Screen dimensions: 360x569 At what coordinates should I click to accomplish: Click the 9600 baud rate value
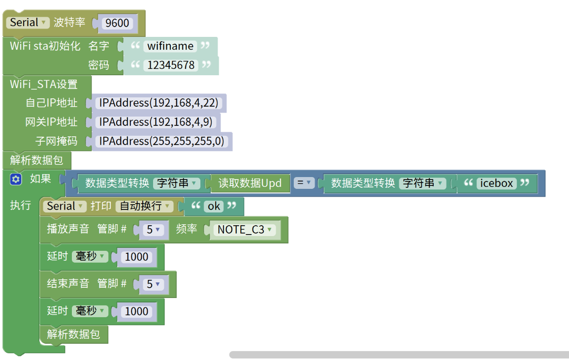click(117, 23)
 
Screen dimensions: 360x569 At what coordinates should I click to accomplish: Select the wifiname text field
click(170, 46)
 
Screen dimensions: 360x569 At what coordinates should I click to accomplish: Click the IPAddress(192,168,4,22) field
click(158, 103)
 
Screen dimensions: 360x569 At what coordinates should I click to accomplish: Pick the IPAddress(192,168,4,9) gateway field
click(156, 122)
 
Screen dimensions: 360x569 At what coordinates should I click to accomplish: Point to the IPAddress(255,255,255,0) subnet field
click(161, 141)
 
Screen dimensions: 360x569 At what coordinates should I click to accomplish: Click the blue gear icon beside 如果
click(16, 180)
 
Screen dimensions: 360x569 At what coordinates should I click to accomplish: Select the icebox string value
click(497, 183)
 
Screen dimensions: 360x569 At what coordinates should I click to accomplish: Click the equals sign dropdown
click(304, 183)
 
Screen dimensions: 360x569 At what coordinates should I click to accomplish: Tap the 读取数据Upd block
click(250, 183)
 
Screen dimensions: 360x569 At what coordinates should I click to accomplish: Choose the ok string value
click(214, 207)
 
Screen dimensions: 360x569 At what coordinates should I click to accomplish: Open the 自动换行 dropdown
click(144, 207)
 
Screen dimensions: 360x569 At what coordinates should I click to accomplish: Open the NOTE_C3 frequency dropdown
click(244, 230)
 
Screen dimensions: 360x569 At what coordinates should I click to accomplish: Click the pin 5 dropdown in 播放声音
click(154, 230)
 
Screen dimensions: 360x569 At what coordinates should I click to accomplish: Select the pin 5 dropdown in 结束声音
click(154, 284)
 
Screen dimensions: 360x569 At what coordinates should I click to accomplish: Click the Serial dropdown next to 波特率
click(28, 23)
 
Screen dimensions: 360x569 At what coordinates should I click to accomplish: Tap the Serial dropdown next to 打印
click(65, 207)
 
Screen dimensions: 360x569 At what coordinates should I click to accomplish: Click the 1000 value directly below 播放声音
click(137, 257)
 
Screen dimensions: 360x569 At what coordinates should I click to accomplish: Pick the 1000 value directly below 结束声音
click(137, 311)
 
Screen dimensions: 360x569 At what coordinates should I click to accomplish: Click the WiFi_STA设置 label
click(44, 84)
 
